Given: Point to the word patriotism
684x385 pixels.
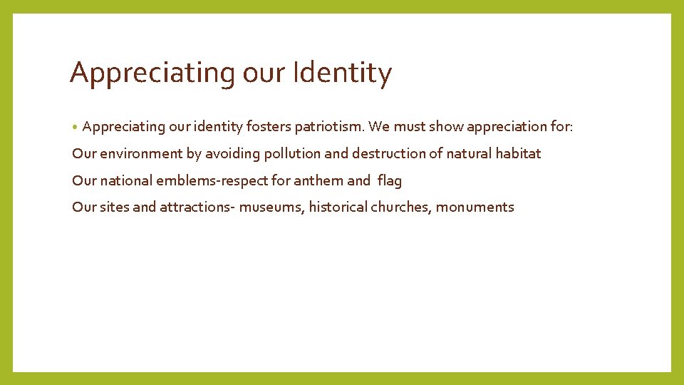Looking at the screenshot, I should pos(329,127).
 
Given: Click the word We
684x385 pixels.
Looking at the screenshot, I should pos(380,127).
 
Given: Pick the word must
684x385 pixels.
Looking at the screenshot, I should pos(410,127).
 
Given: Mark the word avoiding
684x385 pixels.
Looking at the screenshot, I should pos(233,153).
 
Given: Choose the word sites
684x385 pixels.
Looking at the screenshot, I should pos(114,207).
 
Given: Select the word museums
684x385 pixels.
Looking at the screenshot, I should pos(271,207).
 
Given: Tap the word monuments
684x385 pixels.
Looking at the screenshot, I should pos(475,207).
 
